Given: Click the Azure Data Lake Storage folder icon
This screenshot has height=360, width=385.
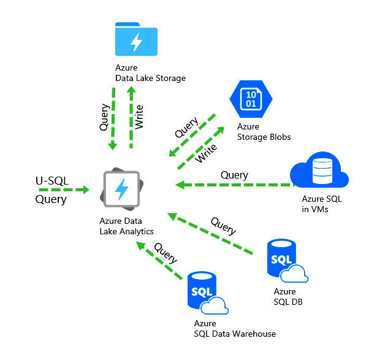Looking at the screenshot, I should [136, 40].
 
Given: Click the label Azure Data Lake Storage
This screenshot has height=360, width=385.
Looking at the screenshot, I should [150, 73].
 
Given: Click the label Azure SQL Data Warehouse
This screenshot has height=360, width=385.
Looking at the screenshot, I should [234, 328].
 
